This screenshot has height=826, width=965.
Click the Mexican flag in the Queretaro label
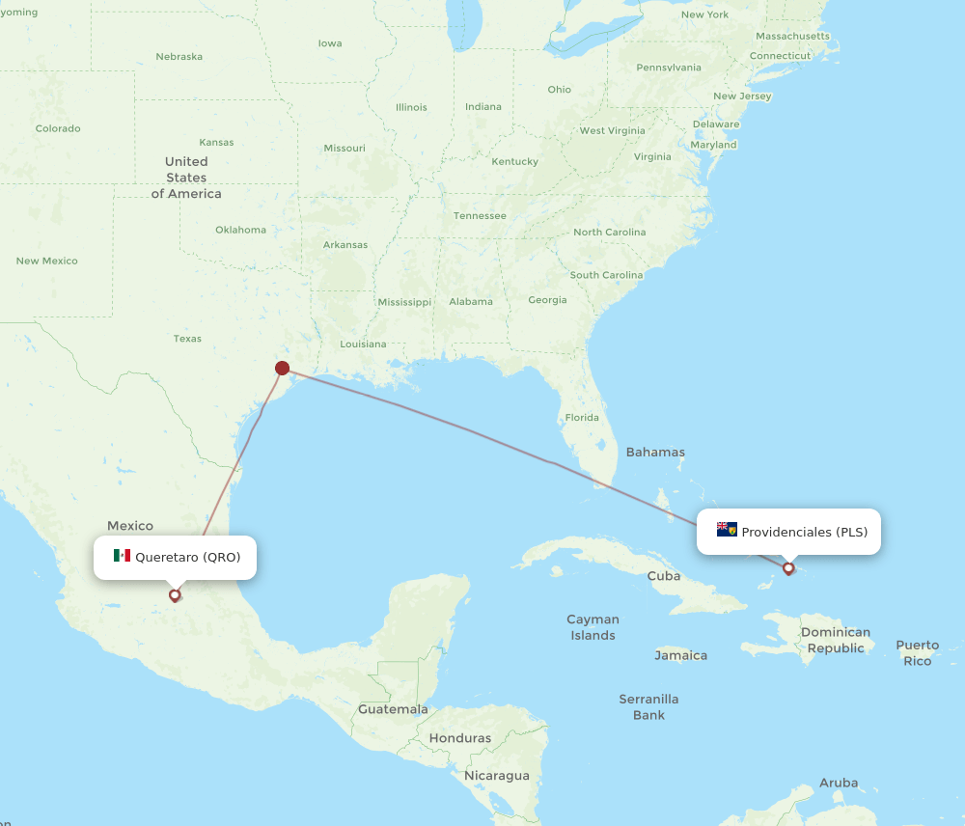pos(122,556)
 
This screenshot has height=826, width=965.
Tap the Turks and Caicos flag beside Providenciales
pos(727,530)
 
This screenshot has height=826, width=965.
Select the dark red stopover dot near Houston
pos(282,368)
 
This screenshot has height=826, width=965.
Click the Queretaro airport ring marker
pos(175,594)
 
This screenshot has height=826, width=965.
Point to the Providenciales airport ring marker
pos(788,568)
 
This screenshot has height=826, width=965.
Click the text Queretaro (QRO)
pos(188,557)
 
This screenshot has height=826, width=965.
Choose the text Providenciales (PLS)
pos(804,532)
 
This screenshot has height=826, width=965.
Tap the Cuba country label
pos(664,576)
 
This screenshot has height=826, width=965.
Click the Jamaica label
pos(680,655)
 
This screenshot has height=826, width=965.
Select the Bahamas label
pos(655,452)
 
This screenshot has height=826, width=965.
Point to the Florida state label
pos(582,418)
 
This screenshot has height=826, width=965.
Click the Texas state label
pos(187,339)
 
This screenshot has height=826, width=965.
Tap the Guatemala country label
pos(393,709)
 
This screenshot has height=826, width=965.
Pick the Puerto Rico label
pos(917,653)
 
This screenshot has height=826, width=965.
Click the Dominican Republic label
pos(836,641)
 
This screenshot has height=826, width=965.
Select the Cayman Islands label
pos(593,627)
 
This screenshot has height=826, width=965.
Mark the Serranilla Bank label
pos(648,706)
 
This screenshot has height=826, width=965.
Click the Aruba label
pos(838,783)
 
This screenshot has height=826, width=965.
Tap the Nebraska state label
pos(179,56)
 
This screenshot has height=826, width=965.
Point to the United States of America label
pos(186,178)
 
